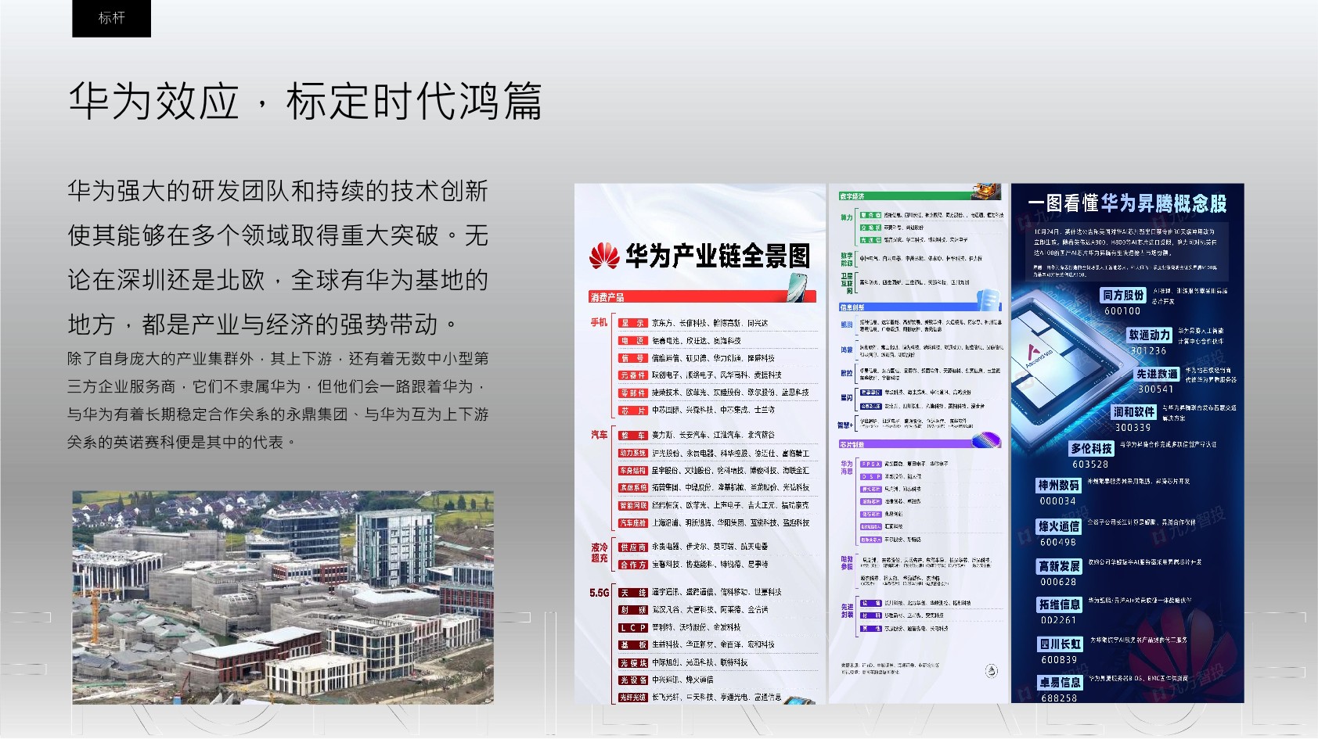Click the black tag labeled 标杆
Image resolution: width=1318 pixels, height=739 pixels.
pyautogui.click(x=111, y=18)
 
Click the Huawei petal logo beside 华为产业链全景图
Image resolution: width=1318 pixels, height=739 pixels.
pyautogui.click(x=603, y=256)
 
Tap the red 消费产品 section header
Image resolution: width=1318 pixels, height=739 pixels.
pyautogui.click(x=607, y=297)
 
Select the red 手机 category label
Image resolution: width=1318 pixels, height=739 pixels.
pyautogui.click(x=599, y=322)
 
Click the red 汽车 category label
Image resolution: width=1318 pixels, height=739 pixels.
pyautogui.click(x=599, y=435)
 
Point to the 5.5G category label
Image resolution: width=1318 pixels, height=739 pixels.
pyautogui.click(x=599, y=593)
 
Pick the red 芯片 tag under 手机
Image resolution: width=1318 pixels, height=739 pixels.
pyautogui.click(x=633, y=411)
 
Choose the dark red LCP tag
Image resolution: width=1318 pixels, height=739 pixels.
pyautogui.click(x=633, y=628)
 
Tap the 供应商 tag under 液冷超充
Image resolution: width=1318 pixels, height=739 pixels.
pyautogui.click(x=633, y=547)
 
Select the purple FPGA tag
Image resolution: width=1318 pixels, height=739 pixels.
pyautogui.click(x=870, y=464)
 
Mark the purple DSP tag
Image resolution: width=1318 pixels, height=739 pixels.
pyautogui.click(x=870, y=476)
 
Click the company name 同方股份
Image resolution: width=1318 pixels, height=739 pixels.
pyautogui.click(x=1123, y=295)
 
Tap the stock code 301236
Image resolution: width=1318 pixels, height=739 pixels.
pyautogui.click(x=1148, y=351)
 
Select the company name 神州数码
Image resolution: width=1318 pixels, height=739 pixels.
pyautogui.click(x=1059, y=486)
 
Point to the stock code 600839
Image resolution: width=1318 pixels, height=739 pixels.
pyautogui.click(x=1059, y=660)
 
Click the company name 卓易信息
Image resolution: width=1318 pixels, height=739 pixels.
pyautogui.click(x=1060, y=683)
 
